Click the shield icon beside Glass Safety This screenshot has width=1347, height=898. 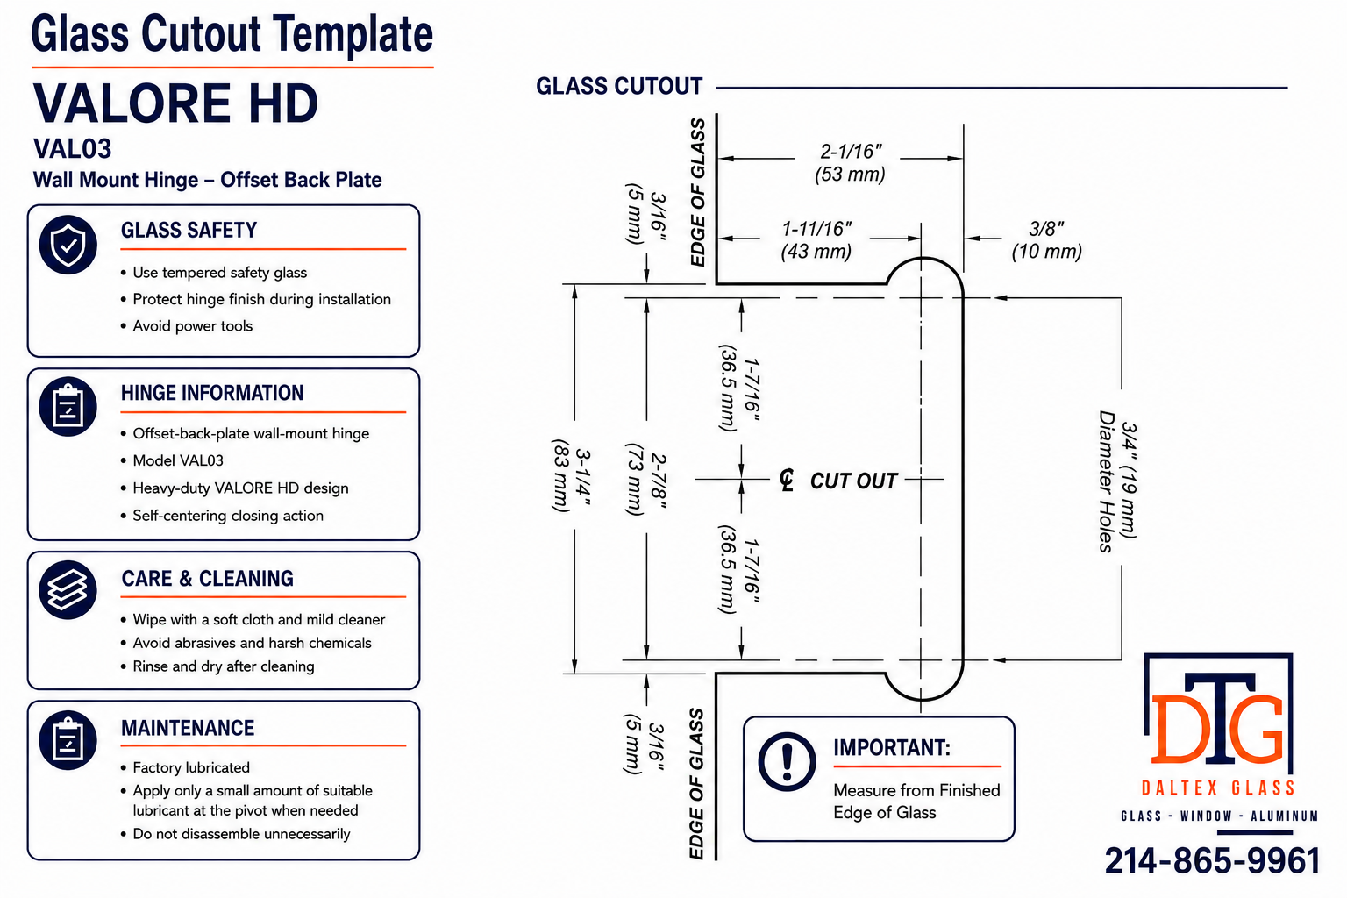tap(68, 245)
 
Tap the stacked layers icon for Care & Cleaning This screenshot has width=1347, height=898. tap(68, 590)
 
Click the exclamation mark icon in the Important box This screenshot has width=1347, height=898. tap(787, 761)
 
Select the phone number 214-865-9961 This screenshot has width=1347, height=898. tap(1212, 860)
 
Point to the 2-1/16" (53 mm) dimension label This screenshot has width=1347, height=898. tap(851, 162)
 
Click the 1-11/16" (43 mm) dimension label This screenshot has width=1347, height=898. tap(816, 239)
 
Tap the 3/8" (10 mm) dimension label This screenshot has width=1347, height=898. tap(1046, 239)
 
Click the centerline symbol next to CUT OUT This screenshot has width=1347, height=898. tap(787, 480)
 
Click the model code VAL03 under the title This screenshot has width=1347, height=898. tap(72, 148)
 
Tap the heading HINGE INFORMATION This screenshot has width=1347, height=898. tap(212, 393)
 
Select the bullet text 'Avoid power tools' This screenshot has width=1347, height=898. tap(192, 326)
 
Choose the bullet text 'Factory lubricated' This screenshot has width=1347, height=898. tap(191, 767)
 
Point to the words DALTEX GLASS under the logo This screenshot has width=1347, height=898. tap(1218, 788)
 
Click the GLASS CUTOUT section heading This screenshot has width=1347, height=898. tap(619, 86)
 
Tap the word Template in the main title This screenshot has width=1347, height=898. tap(353, 33)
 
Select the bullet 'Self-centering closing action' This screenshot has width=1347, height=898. tap(228, 516)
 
